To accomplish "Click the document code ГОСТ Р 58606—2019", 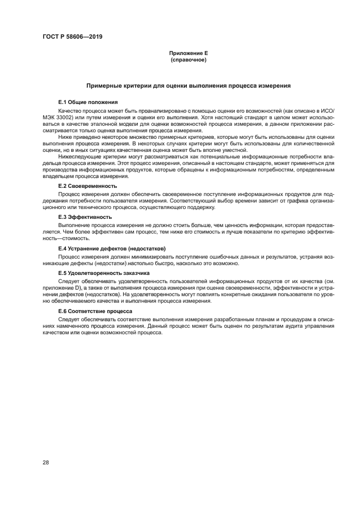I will tap(72, 37).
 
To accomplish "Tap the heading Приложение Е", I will tap(188, 53).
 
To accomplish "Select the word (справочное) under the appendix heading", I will tap(188, 59).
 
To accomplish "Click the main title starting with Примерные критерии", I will tap(188, 86).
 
